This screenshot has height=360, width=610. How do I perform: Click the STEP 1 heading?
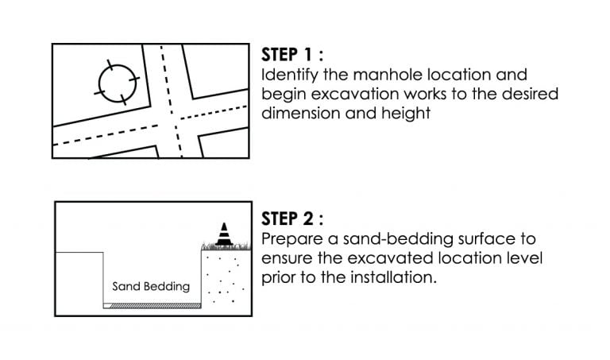click(x=292, y=55)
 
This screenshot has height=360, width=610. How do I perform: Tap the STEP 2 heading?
click(x=292, y=219)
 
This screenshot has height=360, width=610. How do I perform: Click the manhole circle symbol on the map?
click(x=98, y=83)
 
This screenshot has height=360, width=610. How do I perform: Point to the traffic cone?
click(x=224, y=234)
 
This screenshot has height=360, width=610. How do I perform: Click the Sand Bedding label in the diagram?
click(x=151, y=287)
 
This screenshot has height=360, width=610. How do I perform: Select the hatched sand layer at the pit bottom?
click(x=156, y=306)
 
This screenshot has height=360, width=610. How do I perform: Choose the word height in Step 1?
click(x=406, y=114)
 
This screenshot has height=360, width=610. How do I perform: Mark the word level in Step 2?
click(x=525, y=258)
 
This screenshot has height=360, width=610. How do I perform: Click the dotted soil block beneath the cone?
click(x=226, y=277)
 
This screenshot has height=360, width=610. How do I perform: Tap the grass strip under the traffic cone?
click(x=226, y=246)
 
